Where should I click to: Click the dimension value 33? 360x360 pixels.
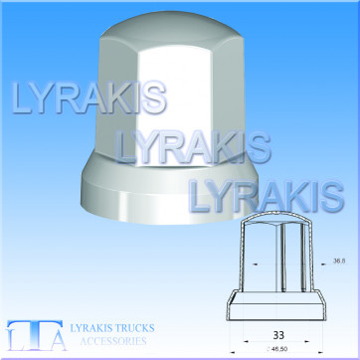[278, 335]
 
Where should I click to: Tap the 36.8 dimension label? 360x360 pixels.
[339, 261]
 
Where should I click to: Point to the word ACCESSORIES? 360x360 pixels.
[113, 341]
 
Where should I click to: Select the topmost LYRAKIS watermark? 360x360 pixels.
[89, 97]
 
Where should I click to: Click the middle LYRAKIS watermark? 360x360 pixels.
[193, 147]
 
